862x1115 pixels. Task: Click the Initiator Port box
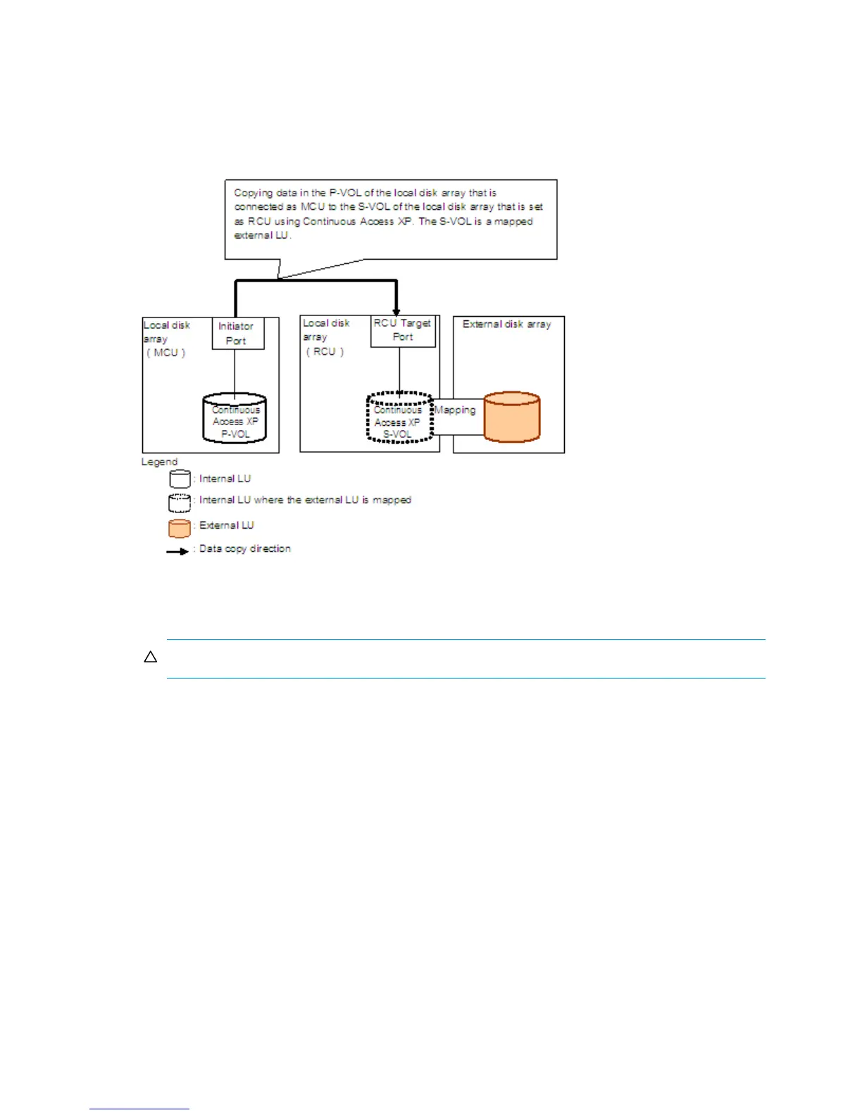[x=238, y=334]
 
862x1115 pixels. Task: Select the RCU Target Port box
[x=403, y=331]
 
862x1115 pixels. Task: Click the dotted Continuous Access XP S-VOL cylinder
[x=399, y=418]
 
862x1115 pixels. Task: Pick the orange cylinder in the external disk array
[x=512, y=417]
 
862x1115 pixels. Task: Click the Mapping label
[x=455, y=410]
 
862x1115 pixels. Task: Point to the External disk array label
[x=506, y=325]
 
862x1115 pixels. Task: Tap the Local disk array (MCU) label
[x=166, y=339]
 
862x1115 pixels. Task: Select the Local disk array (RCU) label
[x=325, y=337]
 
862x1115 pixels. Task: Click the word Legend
[x=159, y=462]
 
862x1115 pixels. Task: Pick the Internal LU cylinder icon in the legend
[x=180, y=479]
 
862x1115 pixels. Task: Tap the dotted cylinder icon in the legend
[x=180, y=502]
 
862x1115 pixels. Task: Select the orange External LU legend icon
[x=180, y=528]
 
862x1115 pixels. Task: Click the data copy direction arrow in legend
[x=177, y=551]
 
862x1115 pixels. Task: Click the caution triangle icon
[x=150, y=657]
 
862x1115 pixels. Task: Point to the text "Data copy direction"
[x=244, y=548]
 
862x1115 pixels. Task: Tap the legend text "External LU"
[x=226, y=525]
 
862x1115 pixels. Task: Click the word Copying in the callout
[x=253, y=192]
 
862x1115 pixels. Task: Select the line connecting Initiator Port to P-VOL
[x=235, y=371]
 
